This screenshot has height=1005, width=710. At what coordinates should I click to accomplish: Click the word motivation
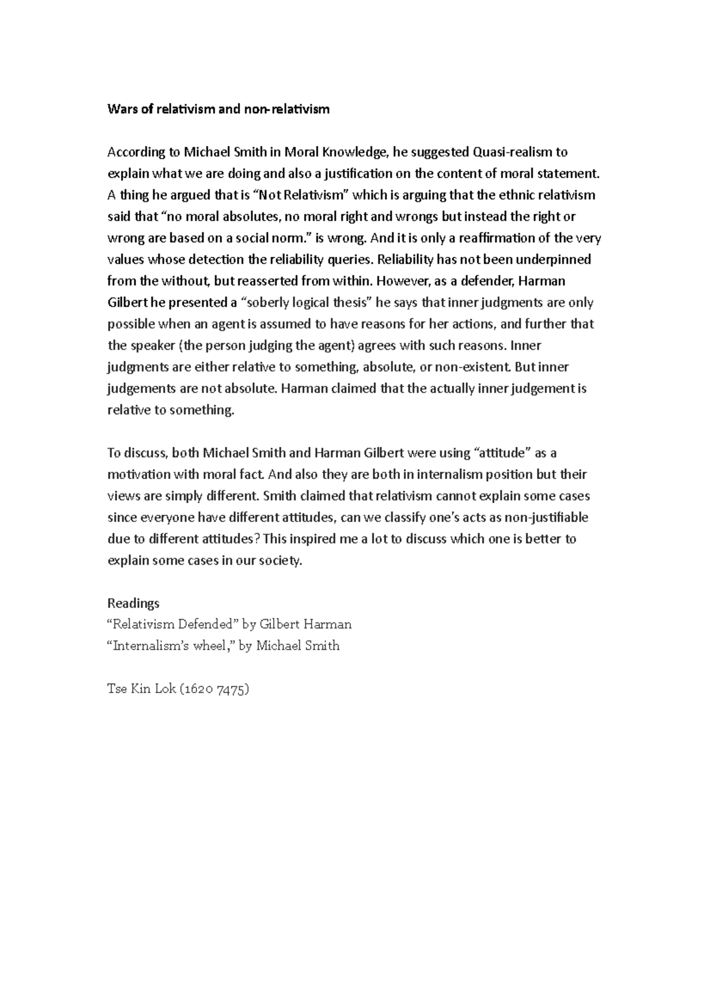coord(139,475)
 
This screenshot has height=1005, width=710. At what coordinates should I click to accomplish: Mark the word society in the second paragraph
coord(280,561)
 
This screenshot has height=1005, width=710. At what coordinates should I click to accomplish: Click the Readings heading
coord(133,603)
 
